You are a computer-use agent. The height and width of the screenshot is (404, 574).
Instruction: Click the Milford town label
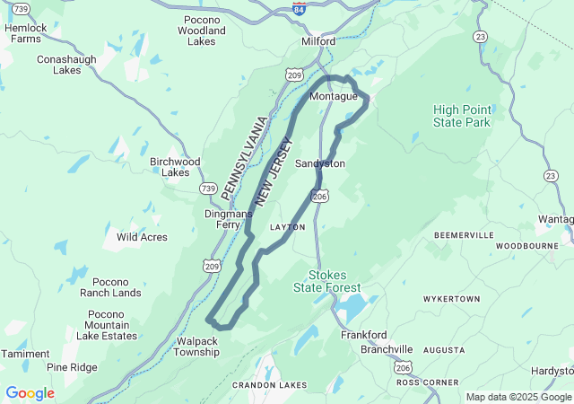[317, 41]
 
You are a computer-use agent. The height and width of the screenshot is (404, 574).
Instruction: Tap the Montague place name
[334, 96]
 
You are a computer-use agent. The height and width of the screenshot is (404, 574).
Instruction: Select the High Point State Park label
[462, 116]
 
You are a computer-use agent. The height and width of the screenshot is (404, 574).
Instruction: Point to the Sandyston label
[320, 163]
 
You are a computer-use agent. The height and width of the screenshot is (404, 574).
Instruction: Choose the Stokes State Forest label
[327, 281]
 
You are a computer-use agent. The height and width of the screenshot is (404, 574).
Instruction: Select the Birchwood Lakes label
[170, 167]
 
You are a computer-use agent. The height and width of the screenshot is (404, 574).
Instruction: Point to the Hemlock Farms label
[24, 33]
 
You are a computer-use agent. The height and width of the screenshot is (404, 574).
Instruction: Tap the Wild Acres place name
[142, 237]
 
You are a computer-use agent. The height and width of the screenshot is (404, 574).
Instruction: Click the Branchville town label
[387, 349]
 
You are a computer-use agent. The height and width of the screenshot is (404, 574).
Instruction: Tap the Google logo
[30, 393]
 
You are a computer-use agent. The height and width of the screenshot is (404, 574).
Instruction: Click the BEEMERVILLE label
[464, 234]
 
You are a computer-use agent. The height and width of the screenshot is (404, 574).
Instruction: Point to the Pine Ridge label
[72, 367]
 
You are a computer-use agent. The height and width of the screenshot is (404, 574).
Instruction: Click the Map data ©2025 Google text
[517, 397]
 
